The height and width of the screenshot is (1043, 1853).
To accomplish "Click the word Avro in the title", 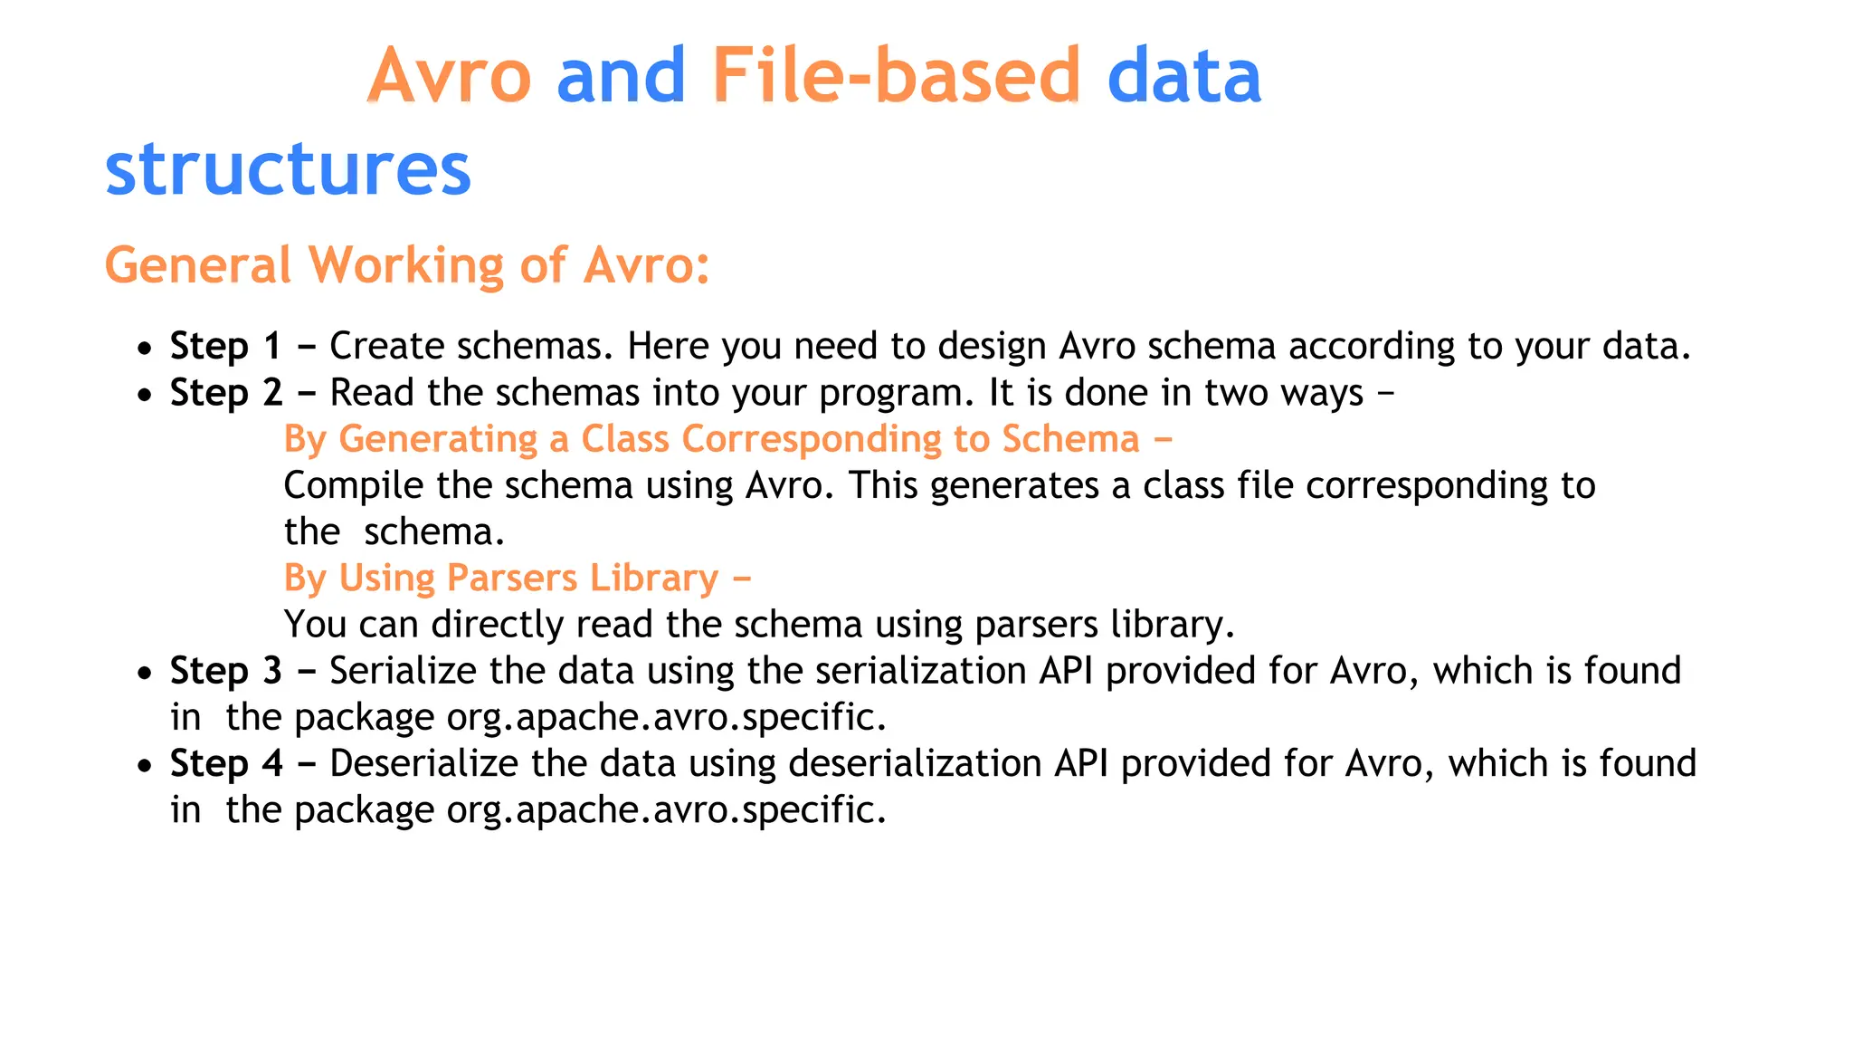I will (449, 76).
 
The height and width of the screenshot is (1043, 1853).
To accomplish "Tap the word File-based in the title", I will (896, 76).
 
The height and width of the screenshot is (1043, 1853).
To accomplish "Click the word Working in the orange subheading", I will (405, 265).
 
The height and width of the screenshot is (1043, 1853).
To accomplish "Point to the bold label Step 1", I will (225, 346).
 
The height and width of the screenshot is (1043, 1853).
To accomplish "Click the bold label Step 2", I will (225, 393).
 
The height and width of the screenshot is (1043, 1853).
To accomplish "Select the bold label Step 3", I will (225, 671).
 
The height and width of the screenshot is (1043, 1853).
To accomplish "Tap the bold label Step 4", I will (225, 763).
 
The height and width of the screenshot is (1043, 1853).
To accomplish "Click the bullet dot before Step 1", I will (145, 349).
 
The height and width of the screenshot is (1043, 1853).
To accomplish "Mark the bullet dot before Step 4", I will (145, 766).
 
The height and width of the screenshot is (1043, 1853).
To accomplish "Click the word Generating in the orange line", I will (439, 440).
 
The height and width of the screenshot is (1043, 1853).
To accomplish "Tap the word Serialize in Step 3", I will (403, 671).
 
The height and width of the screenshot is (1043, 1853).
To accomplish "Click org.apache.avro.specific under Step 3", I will (666, 718).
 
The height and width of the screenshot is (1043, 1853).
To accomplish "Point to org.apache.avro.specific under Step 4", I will (666, 810).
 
